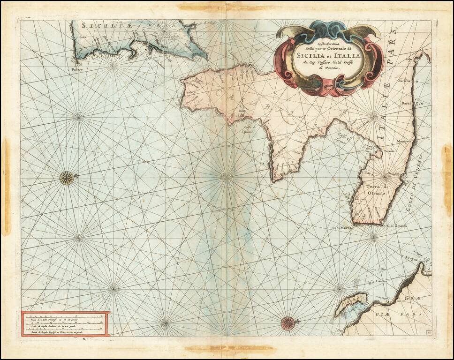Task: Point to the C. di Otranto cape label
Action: (x=397, y=226)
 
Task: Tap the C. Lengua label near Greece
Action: (x=409, y=257)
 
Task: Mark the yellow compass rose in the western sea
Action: (x=67, y=178)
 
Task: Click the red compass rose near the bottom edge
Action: (x=288, y=322)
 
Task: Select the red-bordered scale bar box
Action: (x=65, y=323)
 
